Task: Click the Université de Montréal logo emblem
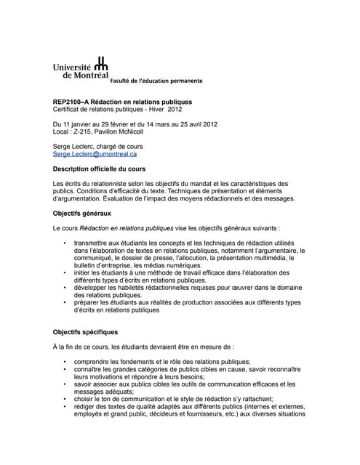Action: pyautogui.click(x=101, y=65)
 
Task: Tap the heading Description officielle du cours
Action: pyautogui.click(x=100, y=168)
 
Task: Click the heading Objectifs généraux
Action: pyautogui.click(x=82, y=214)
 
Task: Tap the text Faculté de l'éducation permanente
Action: pyautogui.click(x=156, y=79)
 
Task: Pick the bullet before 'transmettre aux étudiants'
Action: pyautogui.click(x=65, y=241)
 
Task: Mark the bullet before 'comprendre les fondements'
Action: pyautogui.click(x=65, y=360)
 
